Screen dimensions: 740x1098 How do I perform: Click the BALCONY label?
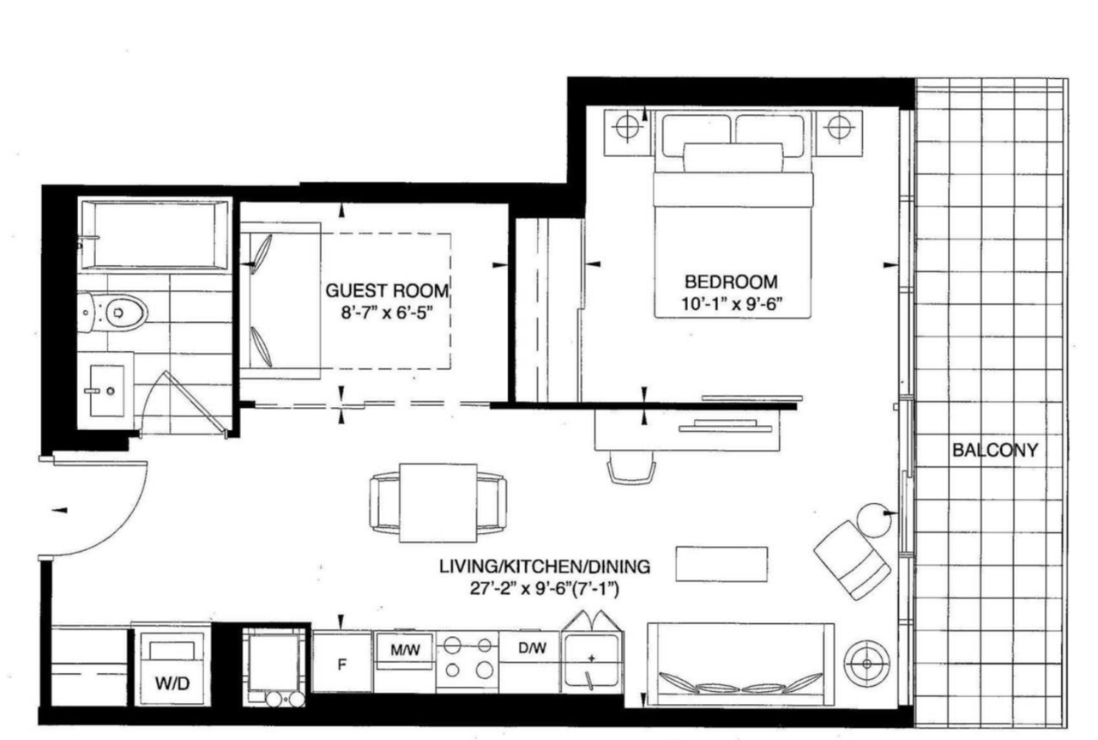pyautogui.click(x=994, y=450)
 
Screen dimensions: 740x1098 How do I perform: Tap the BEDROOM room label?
pyautogui.click(x=731, y=282)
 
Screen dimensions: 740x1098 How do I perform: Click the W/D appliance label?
pyautogui.click(x=172, y=685)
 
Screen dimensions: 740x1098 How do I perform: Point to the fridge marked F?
pyautogui.click(x=341, y=663)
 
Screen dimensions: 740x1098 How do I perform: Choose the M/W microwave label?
pyautogui.click(x=405, y=650)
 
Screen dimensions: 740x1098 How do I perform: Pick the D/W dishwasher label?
pyautogui.click(x=532, y=649)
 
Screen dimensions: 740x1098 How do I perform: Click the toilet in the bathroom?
pyautogui.click(x=117, y=312)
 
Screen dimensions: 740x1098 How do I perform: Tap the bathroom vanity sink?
pyautogui.click(x=106, y=391)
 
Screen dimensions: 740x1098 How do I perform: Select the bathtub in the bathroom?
pyautogui.click(x=154, y=234)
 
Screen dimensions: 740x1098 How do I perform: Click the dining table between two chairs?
pyautogui.click(x=437, y=502)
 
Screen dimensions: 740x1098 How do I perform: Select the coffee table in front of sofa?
pyautogui.click(x=721, y=564)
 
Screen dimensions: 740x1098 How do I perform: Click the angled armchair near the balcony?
pyautogui.click(x=852, y=560)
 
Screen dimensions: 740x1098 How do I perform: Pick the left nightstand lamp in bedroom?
pyautogui.click(x=628, y=127)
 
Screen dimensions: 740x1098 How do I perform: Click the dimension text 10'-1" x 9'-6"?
pyautogui.click(x=731, y=305)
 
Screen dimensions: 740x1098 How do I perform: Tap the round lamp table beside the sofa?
pyautogui.click(x=866, y=664)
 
